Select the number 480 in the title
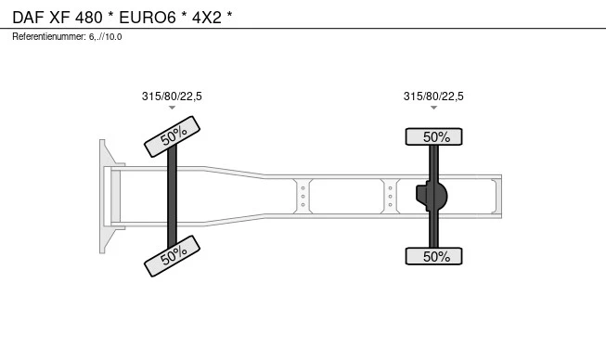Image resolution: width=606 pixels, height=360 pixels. pyautogui.click(x=89, y=18)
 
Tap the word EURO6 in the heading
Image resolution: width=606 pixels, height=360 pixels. pyautogui.click(x=148, y=18)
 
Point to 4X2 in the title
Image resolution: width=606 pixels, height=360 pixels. pyautogui.click(x=207, y=18)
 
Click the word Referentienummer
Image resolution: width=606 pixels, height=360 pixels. pyautogui.click(x=49, y=37)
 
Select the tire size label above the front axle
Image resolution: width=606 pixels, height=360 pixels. pyautogui.click(x=172, y=96)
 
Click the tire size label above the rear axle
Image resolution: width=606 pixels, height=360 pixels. pyautogui.click(x=433, y=96)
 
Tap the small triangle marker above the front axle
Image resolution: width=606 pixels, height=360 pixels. pyautogui.click(x=172, y=108)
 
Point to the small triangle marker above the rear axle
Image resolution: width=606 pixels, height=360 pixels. pyautogui.click(x=433, y=108)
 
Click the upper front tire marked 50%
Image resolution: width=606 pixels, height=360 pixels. pyautogui.click(x=172, y=136)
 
